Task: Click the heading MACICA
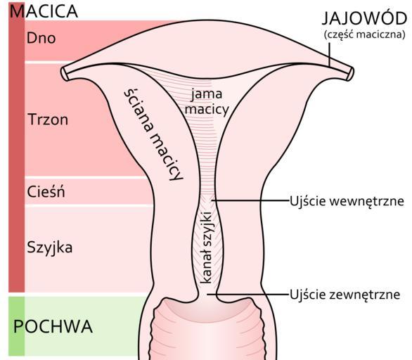pyautogui.click(x=44, y=11)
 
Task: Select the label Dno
pyautogui.click(x=41, y=39)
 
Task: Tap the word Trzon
pyautogui.click(x=48, y=120)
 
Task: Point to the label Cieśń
pyautogui.click(x=46, y=191)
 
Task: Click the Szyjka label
pyautogui.click(x=50, y=247)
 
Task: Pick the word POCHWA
pyautogui.click(x=53, y=327)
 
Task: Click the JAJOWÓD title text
pyautogui.click(x=364, y=18)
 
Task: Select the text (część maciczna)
pyautogui.click(x=365, y=34)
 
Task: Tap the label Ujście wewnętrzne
pyautogui.click(x=347, y=202)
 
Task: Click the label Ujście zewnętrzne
pyautogui.click(x=345, y=295)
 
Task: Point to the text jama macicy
pyautogui.click(x=207, y=103)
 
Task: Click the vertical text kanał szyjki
pyautogui.click(x=207, y=247)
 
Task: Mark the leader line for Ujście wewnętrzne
pyautogui.click(x=250, y=200)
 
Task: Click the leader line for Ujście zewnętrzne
pyautogui.click(x=248, y=295)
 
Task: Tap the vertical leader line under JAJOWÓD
pyautogui.click(x=329, y=54)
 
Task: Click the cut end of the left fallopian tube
pyautogui.click(x=65, y=74)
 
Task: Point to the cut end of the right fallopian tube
pyautogui.click(x=351, y=74)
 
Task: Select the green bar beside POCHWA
pyautogui.click(x=17, y=326)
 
